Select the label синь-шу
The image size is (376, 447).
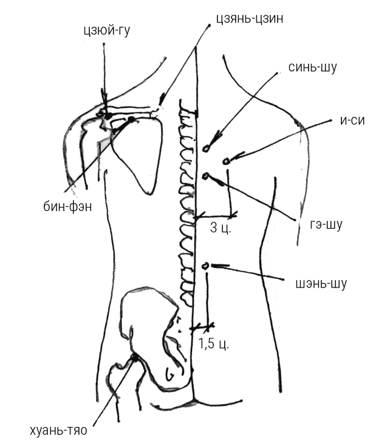pos(313,67)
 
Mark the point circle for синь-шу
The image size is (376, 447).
pos(207,147)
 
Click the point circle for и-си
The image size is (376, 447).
pos(227,161)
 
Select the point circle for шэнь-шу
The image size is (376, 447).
pos(206,266)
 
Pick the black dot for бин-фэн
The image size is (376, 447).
pos(131,120)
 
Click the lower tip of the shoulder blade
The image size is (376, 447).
pos(148,193)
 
